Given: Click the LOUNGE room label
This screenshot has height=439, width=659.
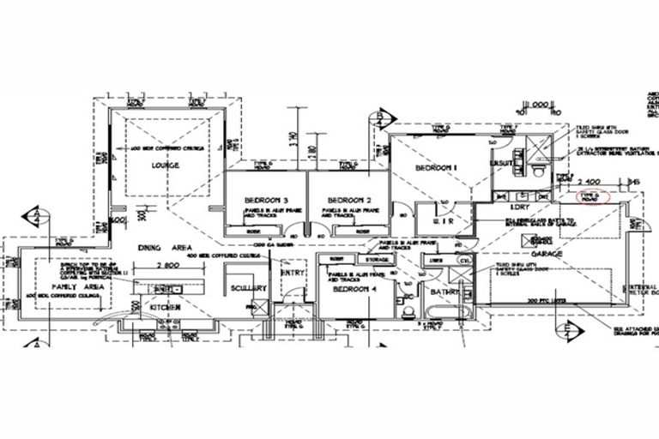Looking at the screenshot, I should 165,165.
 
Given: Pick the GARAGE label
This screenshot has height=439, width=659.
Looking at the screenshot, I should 546,254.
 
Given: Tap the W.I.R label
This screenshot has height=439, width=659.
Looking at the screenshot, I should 433,221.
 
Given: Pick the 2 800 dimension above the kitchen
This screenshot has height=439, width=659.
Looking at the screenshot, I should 169,267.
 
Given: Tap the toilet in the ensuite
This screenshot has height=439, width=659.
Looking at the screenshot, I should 537,171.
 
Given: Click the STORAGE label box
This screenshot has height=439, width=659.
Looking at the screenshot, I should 378,258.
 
